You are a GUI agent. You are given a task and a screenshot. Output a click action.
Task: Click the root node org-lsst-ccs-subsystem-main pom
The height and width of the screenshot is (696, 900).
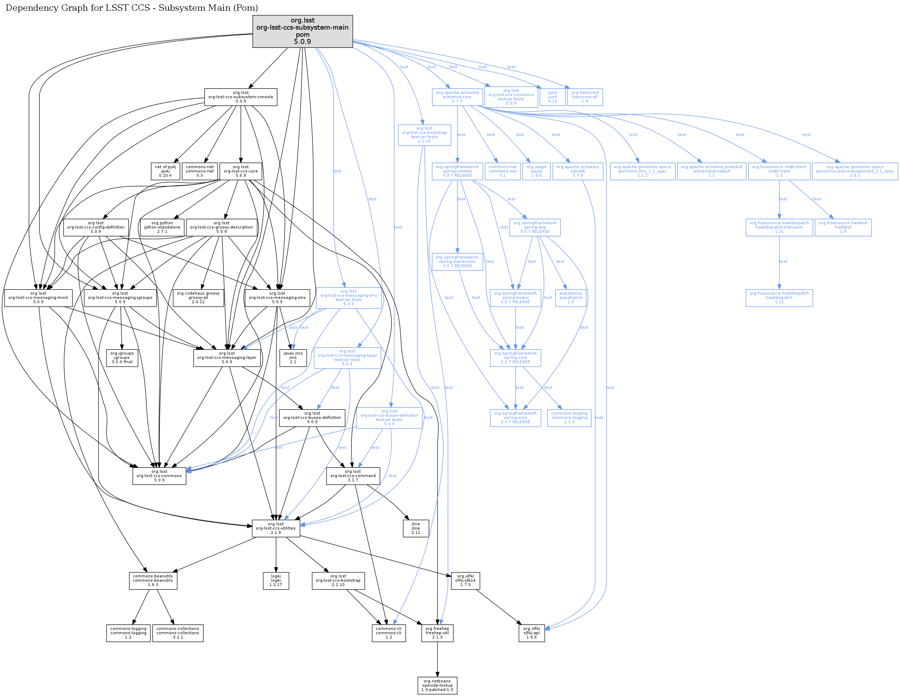click(302, 31)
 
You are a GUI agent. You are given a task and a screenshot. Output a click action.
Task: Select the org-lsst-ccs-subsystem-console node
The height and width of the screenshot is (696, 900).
click(241, 97)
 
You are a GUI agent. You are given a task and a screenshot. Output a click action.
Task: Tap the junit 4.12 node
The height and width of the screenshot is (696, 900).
click(552, 97)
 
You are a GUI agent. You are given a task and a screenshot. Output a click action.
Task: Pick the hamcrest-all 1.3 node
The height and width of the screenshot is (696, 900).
click(585, 97)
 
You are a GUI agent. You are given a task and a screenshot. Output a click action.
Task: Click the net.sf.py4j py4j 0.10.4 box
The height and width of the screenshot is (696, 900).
click(165, 171)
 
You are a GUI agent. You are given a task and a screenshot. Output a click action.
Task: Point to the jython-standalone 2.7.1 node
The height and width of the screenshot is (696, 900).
click(162, 227)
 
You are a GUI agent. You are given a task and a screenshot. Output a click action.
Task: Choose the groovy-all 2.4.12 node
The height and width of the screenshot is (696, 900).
click(198, 297)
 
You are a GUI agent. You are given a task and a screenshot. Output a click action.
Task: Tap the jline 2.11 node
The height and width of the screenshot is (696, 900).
click(416, 528)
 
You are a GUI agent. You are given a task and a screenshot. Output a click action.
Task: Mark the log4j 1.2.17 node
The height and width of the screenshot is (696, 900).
click(276, 581)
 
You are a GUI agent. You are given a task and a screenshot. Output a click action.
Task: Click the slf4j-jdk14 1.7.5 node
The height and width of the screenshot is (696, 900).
click(465, 581)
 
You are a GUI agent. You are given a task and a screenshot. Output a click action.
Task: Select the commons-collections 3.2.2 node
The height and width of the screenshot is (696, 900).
click(177, 633)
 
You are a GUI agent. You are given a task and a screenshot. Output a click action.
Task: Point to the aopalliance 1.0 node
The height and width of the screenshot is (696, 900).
click(570, 297)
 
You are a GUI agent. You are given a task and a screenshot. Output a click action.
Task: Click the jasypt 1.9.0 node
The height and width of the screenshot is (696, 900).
click(536, 171)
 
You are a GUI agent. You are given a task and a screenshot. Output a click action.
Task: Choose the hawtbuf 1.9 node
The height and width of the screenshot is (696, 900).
click(843, 227)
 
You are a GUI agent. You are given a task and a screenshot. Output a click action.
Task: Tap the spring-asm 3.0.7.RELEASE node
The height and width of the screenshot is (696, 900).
click(515, 417)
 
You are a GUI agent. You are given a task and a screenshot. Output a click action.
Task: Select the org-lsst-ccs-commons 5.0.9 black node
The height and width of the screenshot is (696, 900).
click(159, 476)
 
